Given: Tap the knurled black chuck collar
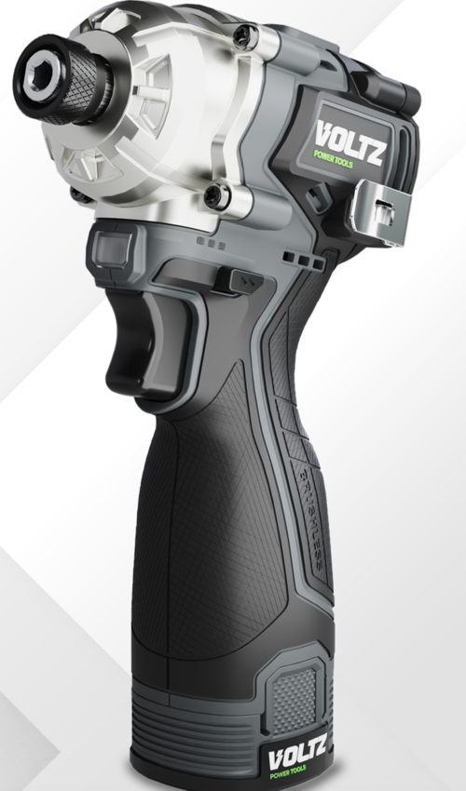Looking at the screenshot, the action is (x=81, y=82).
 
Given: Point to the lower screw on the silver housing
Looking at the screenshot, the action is (x=218, y=195).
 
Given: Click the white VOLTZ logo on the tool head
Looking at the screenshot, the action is (x=350, y=141).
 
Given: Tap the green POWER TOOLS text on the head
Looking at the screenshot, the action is (x=333, y=158).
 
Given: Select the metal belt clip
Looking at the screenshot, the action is (x=384, y=212).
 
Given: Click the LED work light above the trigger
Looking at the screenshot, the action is (x=110, y=248).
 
